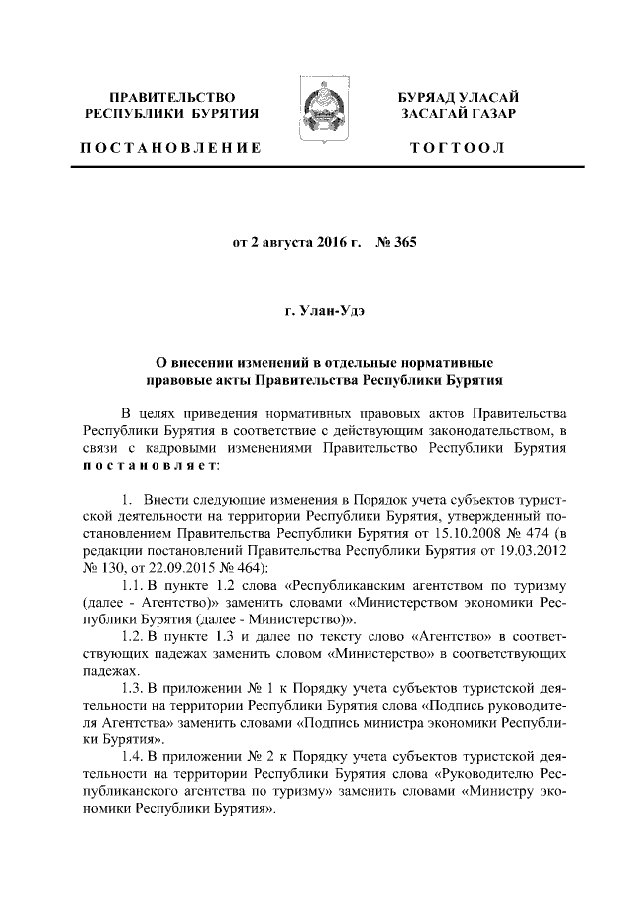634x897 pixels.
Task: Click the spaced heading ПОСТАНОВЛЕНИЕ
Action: [169, 149]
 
